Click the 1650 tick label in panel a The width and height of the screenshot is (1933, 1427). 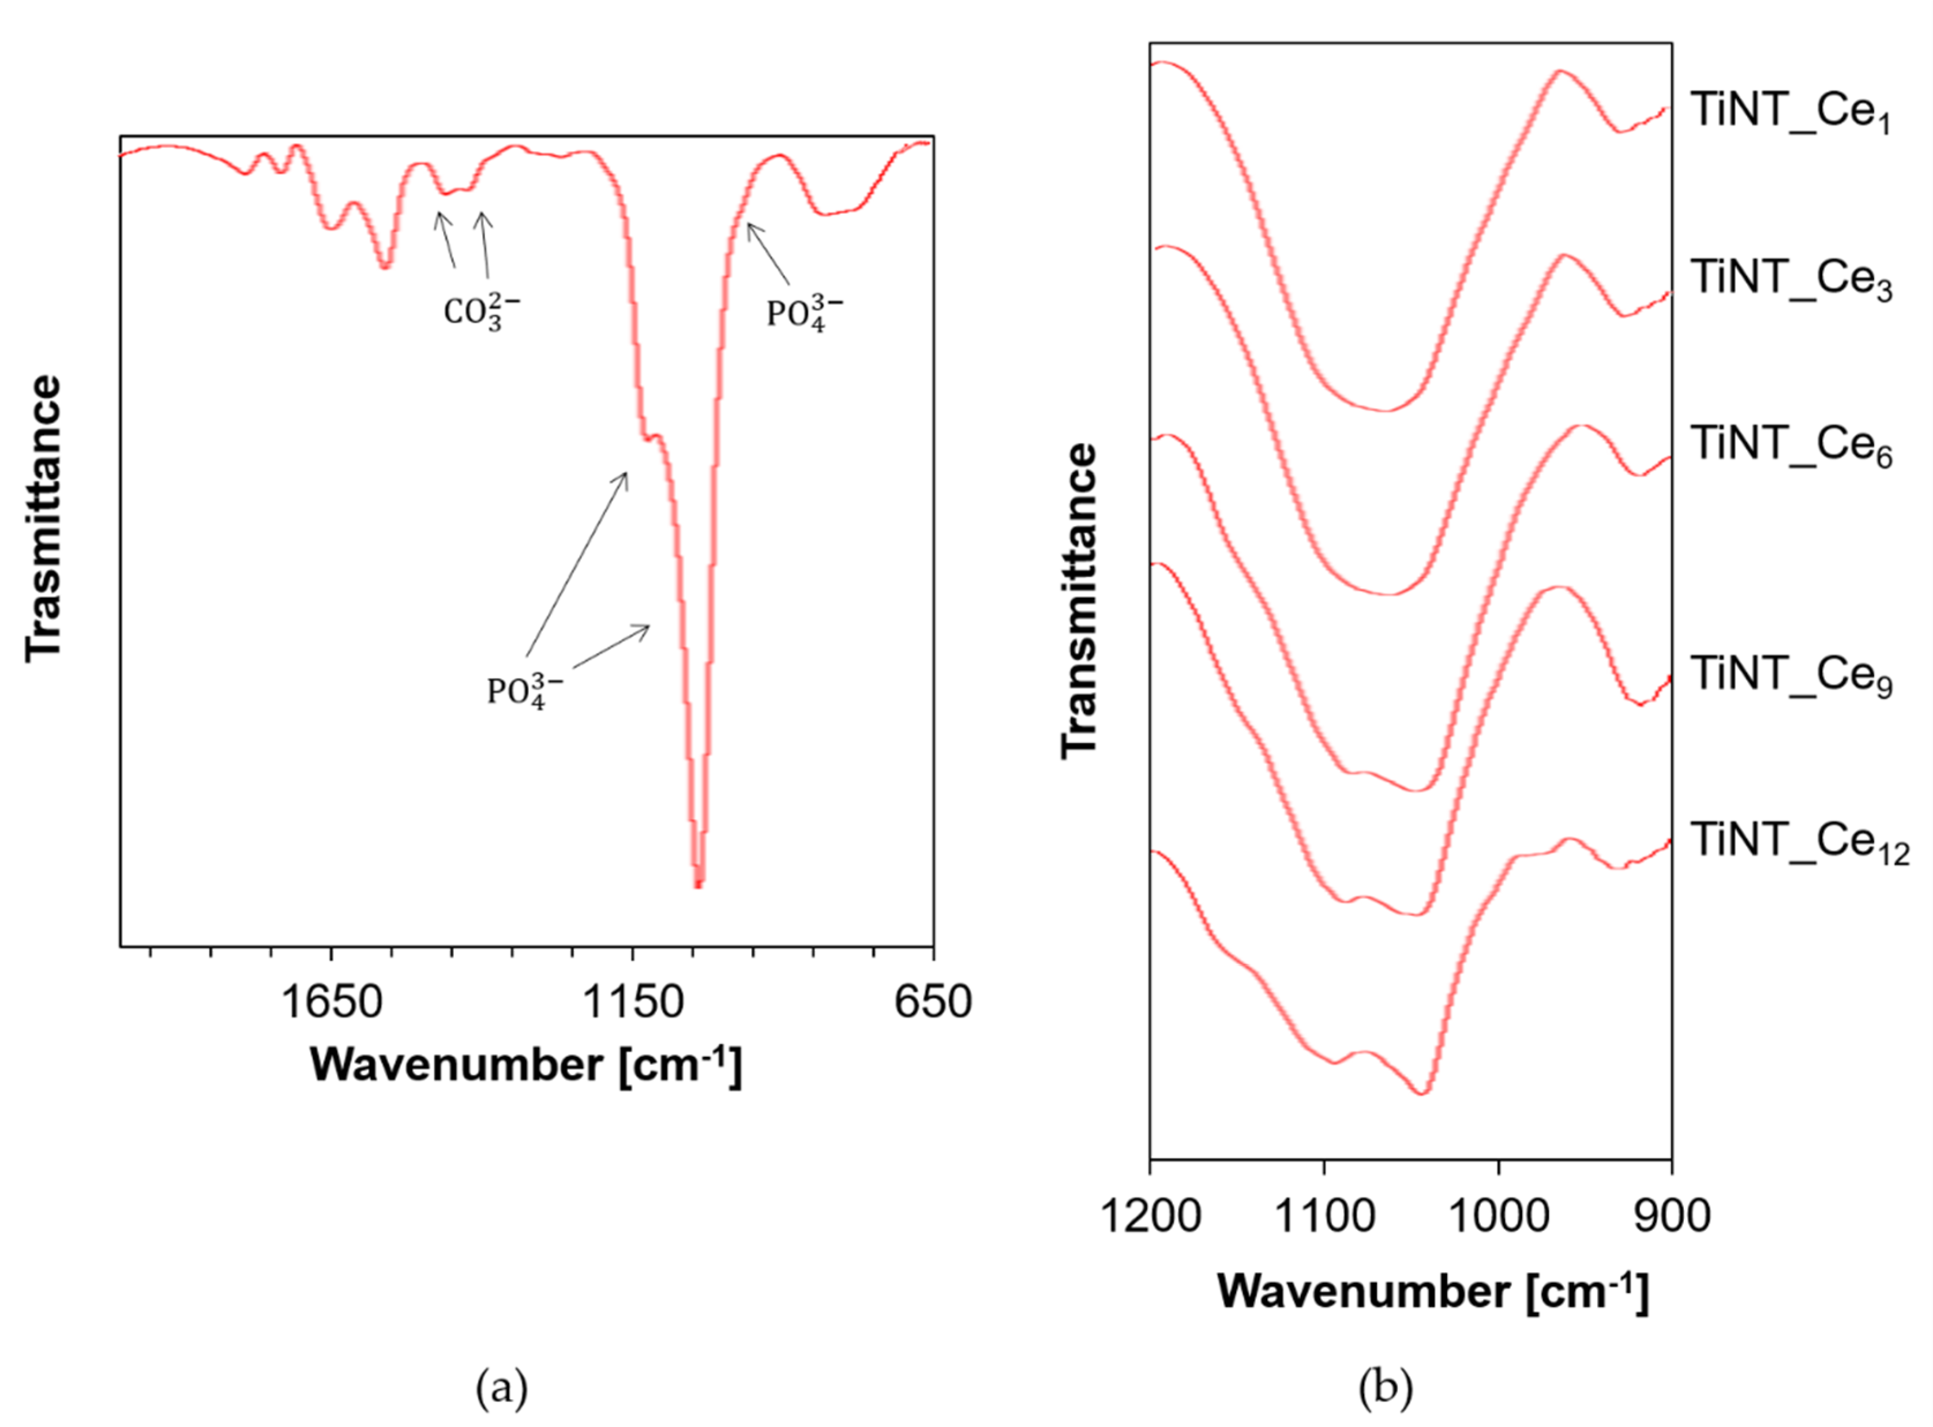pos(332,1003)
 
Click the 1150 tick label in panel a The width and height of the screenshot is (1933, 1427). pos(633,1003)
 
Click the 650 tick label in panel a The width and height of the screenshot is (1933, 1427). pos(932,1003)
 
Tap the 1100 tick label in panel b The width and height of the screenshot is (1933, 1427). pos(1324,1216)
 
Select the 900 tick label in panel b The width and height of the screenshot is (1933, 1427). pos(1671,1216)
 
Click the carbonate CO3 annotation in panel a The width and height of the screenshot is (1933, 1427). pos(481,312)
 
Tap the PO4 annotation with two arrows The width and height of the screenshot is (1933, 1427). pos(524,691)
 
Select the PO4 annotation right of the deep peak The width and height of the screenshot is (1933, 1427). pos(804,312)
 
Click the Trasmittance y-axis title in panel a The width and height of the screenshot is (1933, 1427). pos(43,518)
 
